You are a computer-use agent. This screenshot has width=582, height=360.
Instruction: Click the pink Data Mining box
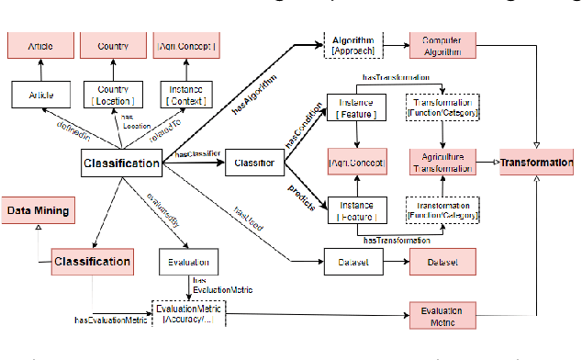click(39, 211)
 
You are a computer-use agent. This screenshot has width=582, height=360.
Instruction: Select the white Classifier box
click(253, 163)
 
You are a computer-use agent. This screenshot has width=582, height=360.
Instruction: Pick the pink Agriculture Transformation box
click(441, 163)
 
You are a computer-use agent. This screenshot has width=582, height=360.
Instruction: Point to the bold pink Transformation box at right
click(540, 163)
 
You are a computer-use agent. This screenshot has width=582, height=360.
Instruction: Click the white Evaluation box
click(188, 261)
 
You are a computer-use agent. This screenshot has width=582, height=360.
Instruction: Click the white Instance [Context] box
click(187, 94)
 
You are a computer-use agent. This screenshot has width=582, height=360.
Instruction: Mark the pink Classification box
click(91, 262)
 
